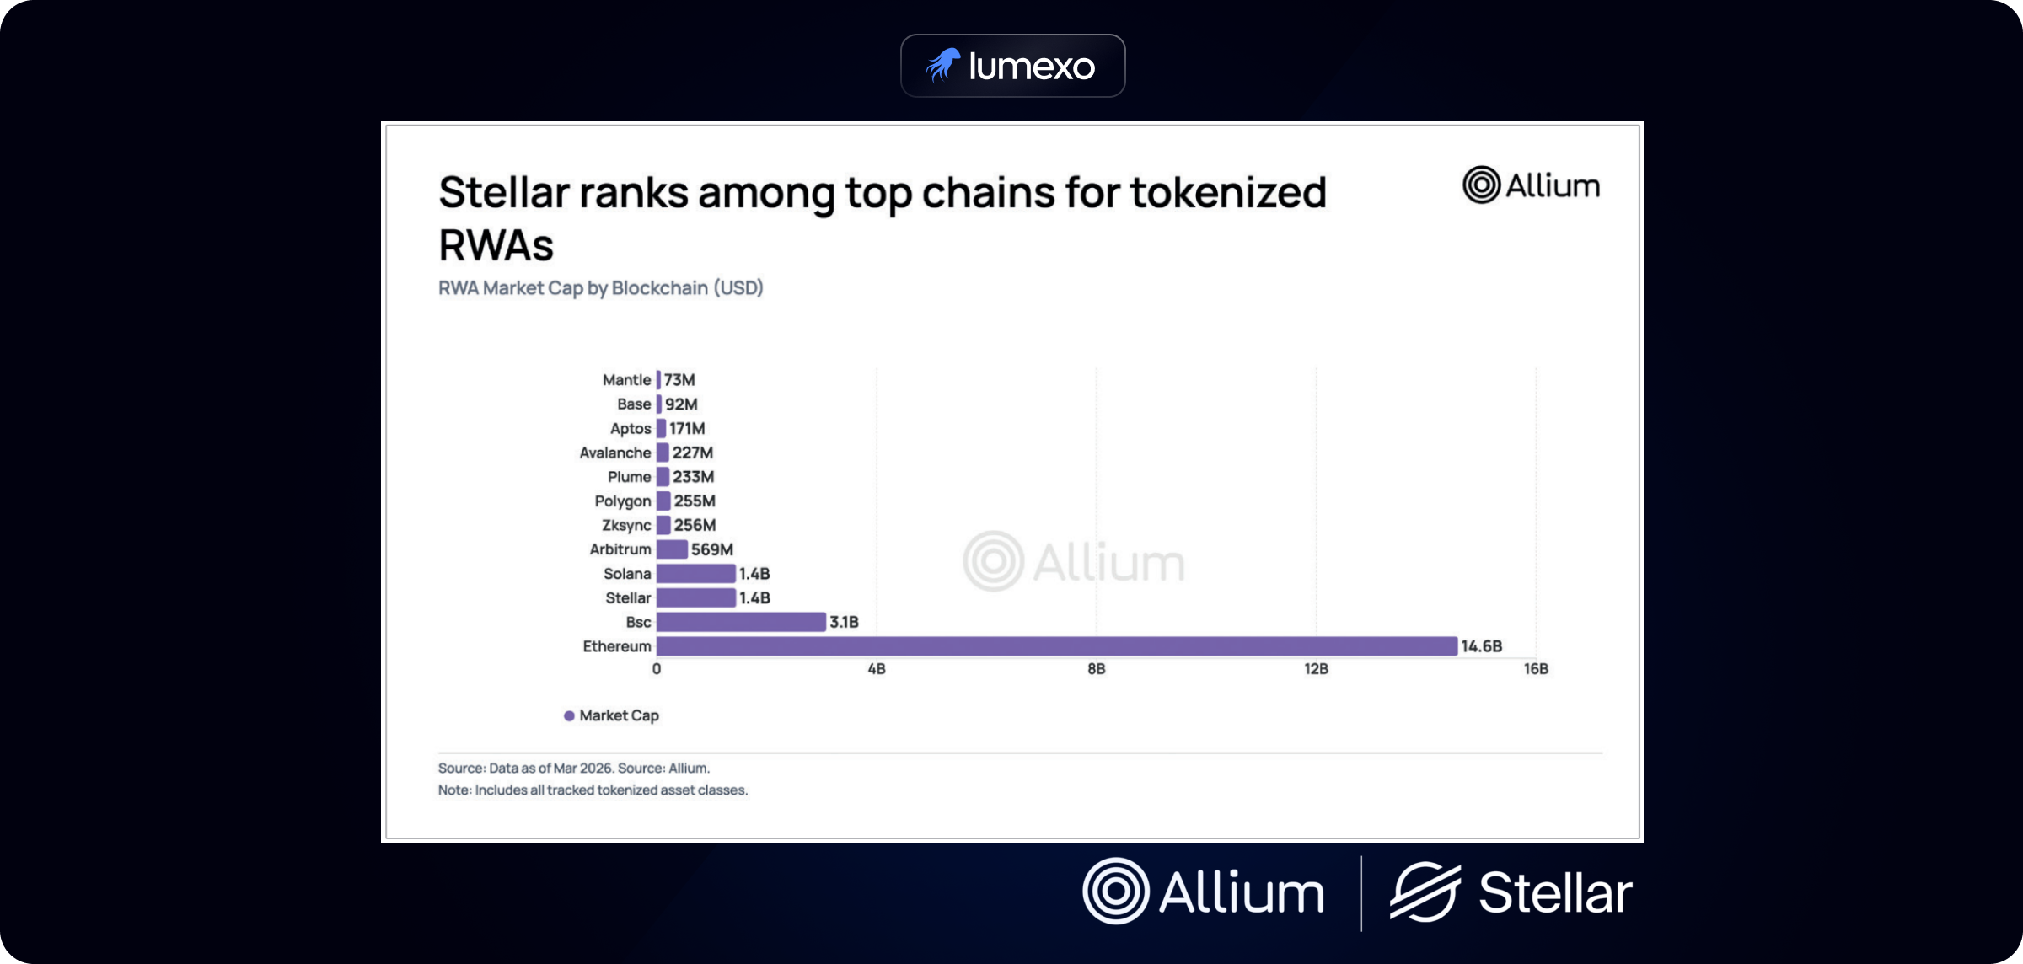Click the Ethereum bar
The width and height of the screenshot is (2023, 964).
[x=1056, y=646]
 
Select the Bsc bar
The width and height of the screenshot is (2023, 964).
[x=741, y=622]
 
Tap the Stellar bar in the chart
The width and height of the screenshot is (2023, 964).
[x=695, y=597]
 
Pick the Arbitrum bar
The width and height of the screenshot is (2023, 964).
[x=672, y=549]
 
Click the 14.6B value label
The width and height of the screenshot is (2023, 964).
[x=1481, y=646]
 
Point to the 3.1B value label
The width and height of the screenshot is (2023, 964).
[x=844, y=622]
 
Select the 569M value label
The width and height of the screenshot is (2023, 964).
[x=711, y=549]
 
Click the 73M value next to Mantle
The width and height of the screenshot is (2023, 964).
[x=679, y=380]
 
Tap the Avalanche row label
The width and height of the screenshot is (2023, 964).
[x=614, y=453]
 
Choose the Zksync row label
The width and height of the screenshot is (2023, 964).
[x=625, y=525]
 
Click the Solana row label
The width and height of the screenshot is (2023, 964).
[x=627, y=574]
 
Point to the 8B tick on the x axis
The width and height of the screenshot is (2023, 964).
[x=1096, y=669]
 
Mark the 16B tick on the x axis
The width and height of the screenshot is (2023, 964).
[x=1535, y=669]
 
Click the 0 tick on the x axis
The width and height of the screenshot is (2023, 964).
[x=657, y=669]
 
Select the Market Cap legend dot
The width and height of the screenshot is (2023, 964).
[x=569, y=715]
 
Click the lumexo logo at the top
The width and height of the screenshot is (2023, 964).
[x=1012, y=66]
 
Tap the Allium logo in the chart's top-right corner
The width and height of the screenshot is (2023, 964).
[x=1531, y=185]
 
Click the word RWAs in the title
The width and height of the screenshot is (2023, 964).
[x=496, y=246]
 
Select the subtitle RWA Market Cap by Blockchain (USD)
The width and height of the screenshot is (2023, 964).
[x=600, y=288]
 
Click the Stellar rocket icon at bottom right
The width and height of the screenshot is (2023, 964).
[x=1425, y=892]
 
